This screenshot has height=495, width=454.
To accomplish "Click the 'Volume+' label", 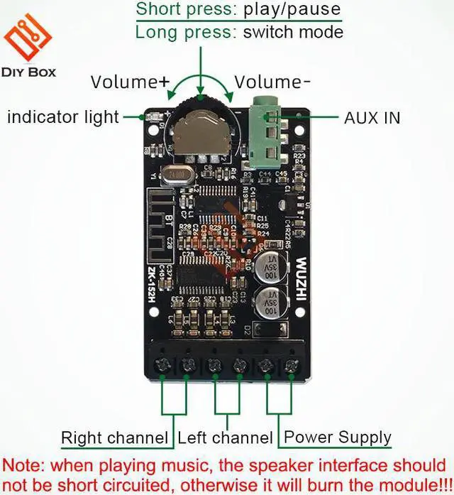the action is [130, 82].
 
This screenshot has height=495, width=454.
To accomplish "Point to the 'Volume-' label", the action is [272, 82].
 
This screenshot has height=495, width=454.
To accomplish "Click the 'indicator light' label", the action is [62, 116].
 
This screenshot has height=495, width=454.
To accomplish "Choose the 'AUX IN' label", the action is [372, 117].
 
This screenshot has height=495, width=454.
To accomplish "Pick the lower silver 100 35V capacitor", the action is [272, 302].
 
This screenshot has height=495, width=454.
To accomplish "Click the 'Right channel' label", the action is [114, 437].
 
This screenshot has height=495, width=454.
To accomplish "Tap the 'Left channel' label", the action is [225, 437].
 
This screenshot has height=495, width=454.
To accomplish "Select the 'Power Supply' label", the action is [338, 437].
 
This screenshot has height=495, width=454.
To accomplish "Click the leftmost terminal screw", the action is [162, 366].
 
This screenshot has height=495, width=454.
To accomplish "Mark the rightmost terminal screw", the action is [291, 365].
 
